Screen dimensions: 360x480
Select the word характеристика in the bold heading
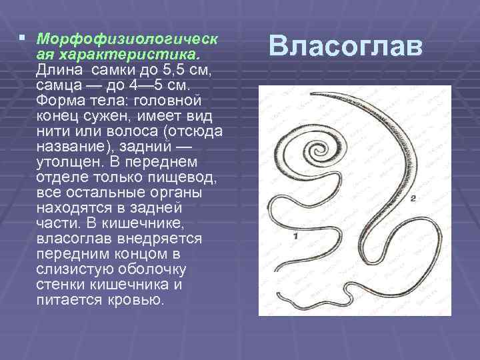tap(93, 52)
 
